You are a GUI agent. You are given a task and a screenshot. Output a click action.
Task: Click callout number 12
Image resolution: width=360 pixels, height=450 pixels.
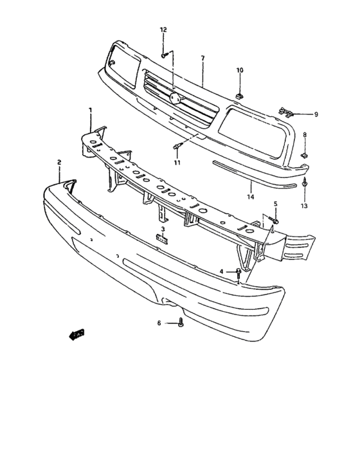click(163, 30)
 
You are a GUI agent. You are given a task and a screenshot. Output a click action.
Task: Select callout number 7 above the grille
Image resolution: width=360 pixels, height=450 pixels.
click(203, 59)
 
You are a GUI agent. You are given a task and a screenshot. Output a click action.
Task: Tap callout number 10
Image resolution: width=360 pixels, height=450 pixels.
click(239, 70)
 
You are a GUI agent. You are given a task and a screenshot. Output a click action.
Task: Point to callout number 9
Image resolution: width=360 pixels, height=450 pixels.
click(316, 114)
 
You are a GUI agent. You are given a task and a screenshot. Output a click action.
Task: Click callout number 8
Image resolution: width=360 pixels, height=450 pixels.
click(305, 136)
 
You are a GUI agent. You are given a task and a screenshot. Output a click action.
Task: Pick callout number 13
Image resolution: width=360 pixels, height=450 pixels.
click(304, 206)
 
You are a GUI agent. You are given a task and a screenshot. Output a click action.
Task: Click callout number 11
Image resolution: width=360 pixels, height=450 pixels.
click(177, 163)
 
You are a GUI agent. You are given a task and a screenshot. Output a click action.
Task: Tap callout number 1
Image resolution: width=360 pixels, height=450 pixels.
click(91, 111)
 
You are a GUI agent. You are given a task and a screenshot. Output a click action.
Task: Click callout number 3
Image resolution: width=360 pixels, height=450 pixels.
click(163, 229)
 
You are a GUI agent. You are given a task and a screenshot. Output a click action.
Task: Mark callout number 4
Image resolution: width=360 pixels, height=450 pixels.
click(221, 272)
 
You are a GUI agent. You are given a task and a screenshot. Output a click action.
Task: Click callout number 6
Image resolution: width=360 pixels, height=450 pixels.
click(159, 323)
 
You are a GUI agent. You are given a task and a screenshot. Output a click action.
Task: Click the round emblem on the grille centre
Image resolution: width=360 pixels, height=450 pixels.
click(174, 97)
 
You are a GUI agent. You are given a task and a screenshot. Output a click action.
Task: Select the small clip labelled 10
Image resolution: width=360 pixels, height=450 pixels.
click(239, 95)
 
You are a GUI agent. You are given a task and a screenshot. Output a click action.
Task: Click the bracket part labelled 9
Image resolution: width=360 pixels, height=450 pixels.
click(287, 113)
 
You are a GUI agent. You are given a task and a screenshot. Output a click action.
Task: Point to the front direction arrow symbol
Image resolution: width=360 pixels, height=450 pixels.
click(76, 333)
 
